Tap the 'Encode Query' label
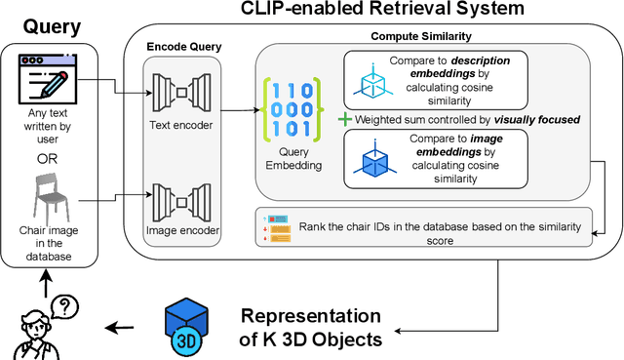[184, 46]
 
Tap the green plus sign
[344, 118]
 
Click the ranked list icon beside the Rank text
[277, 226]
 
